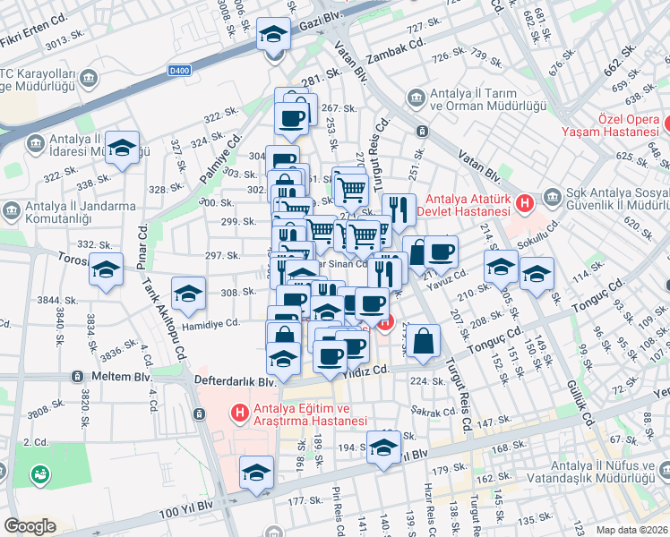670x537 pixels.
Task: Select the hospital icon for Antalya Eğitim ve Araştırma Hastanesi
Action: [x=239, y=413]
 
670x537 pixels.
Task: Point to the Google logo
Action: [x=30, y=526]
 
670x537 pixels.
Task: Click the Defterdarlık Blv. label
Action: [x=234, y=381]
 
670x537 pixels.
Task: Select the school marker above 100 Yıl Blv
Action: [x=256, y=473]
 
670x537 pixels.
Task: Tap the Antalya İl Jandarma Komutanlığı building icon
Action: [x=13, y=211]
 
